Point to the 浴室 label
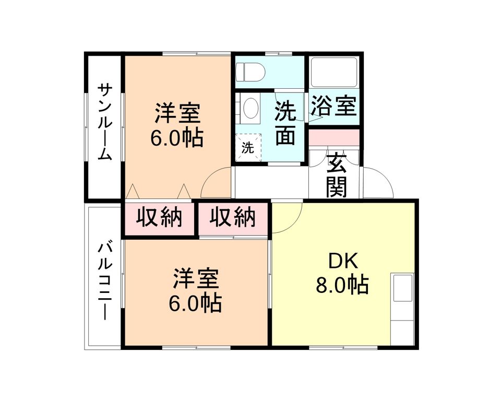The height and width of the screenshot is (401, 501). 334,107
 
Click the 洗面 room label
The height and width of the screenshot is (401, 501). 285,123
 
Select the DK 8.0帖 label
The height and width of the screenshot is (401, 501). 342,274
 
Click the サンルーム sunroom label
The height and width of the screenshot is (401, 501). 105,123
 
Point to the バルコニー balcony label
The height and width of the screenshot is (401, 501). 105,279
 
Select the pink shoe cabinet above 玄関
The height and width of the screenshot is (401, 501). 334,137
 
